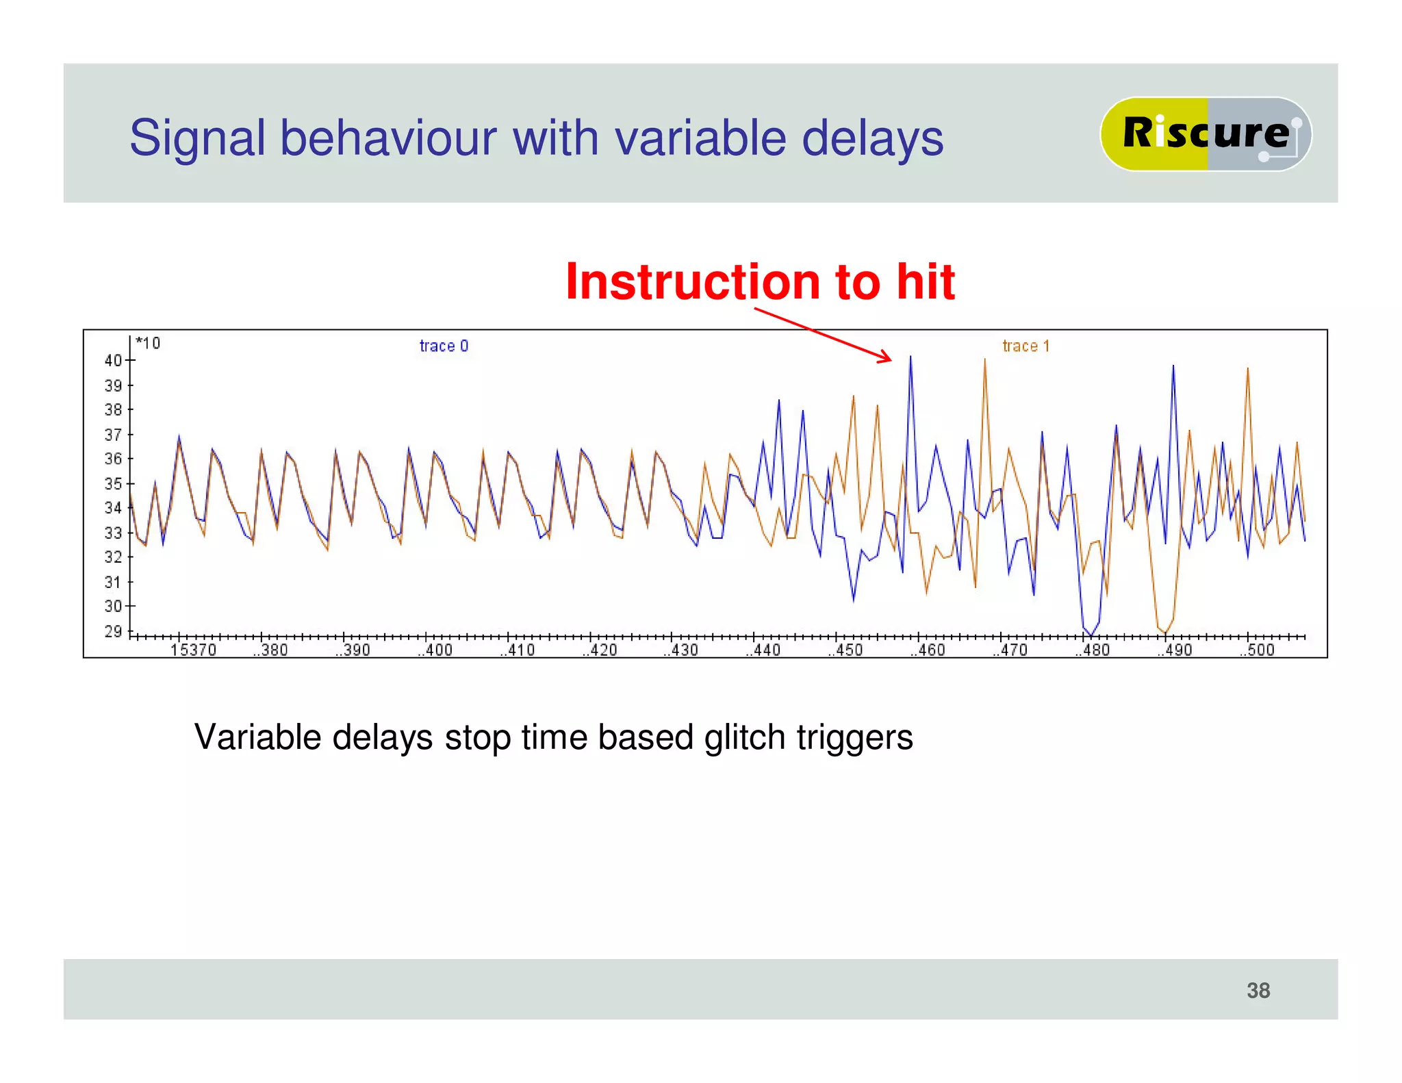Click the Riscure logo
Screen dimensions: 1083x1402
pyautogui.click(x=1205, y=133)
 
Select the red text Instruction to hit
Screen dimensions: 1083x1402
pyautogui.click(x=759, y=281)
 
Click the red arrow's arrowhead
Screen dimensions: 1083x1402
pyautogui.click(x=887, y=358)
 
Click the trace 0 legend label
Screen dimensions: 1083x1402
pyautogui.click(x=444, y=346)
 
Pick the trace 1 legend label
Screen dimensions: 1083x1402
pyautogui.click(x=1025, y=346)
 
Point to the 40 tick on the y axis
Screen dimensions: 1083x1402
pyautogui.click(x=113, y=360)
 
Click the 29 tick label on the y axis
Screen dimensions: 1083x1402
pyautogui.click(x=113, y=630)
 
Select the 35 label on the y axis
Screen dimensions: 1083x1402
pyautogui.click(x=113, y=483)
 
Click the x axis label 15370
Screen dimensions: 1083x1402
pyautogui.click(x=193, y=650)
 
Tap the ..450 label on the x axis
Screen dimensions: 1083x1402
pyautogui.click(x=845, y=650)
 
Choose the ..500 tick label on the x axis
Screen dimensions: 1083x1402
pyautogui.click(x=1257, y=650)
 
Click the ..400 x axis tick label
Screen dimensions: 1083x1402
pyautogui.click(x=435, y=650)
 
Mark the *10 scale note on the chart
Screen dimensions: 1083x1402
pyautogui.click(x=148, y=342)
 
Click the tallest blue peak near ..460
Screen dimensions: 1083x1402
pyautogui.click(x=910, y=358)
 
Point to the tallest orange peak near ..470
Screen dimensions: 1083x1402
pyautogui.click(x=984, y=361)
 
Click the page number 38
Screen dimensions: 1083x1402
pyautogui.click(x=1258, y=990)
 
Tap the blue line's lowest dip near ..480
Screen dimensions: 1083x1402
pyautogui.click(x=1091, y=635)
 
